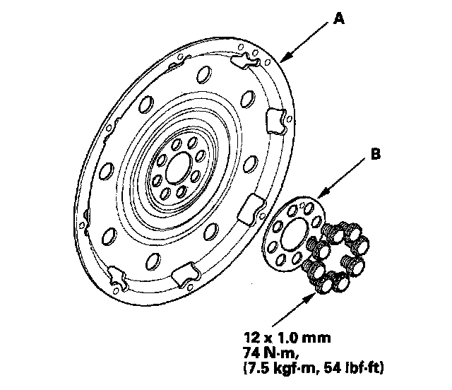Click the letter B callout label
(x=376, y=153)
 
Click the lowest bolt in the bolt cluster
(x=326, y=283)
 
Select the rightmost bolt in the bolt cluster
(x=364, y=246)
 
